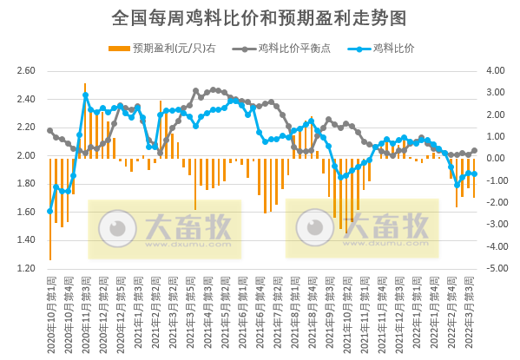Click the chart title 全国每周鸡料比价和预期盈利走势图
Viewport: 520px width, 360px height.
[x=260, y=17]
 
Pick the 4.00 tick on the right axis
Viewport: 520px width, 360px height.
[x=495, y=71]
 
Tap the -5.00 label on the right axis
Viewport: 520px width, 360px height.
[x=494, y=269]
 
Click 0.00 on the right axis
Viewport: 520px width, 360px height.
[x=495, y=159]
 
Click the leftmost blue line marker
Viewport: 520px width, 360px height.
[x=50, y=211]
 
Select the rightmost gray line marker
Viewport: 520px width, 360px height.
[x=474, y=150]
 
